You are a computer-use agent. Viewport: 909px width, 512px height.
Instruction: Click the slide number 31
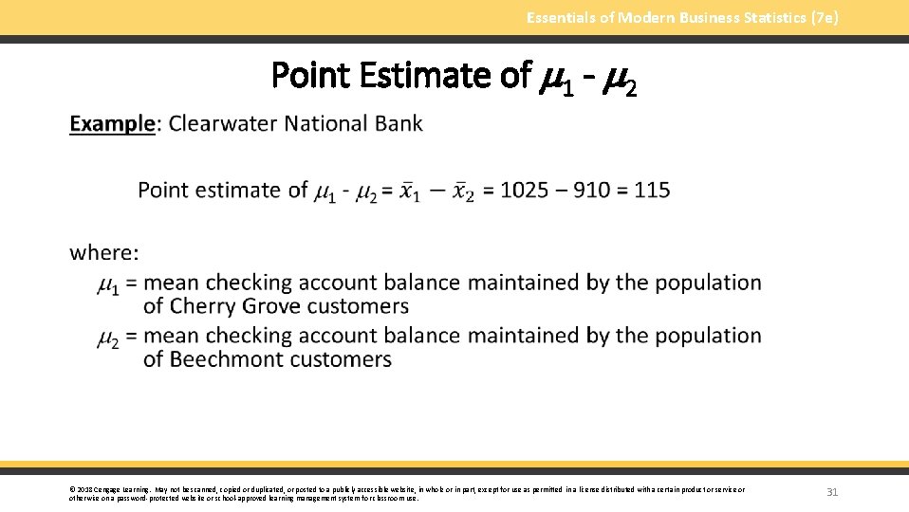832,492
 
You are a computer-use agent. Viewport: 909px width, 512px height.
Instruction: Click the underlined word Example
112,123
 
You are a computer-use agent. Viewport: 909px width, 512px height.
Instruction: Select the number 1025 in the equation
524,190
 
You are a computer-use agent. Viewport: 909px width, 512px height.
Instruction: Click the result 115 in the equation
652,190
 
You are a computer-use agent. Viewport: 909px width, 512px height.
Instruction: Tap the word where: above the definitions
104,252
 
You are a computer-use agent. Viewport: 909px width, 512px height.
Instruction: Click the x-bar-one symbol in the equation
409,191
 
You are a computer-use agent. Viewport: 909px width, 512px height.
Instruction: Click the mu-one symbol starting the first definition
108,283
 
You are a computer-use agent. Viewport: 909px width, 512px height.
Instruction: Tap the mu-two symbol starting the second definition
108,337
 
